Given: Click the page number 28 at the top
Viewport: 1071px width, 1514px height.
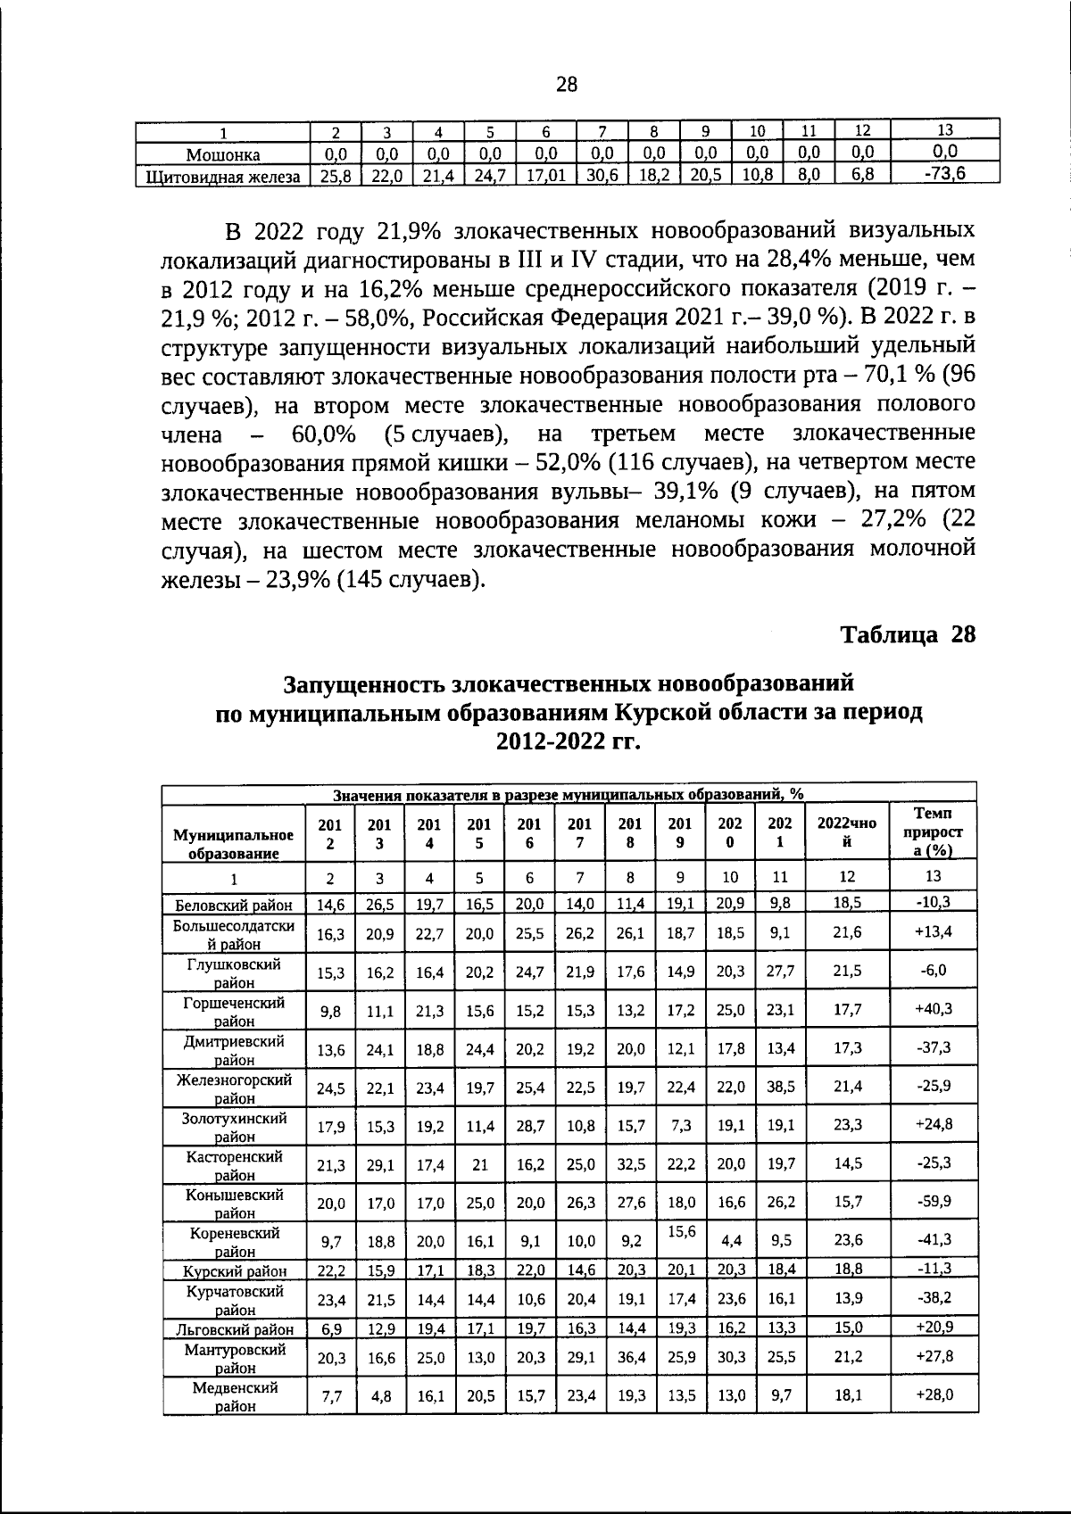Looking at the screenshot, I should tap(567, 85).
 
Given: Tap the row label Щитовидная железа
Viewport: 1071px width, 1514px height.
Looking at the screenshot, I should tap(223, 176).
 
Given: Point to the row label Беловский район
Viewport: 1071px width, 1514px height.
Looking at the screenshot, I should tap(234, 904).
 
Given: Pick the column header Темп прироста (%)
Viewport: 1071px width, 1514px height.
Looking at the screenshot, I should tap(933, 831).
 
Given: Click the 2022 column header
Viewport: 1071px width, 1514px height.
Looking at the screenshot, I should tap(847, 831).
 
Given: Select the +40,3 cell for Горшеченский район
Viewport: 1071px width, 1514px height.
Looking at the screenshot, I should tap(934, 1009).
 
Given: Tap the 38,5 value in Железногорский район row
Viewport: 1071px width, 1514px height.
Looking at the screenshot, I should tap(780, 1086).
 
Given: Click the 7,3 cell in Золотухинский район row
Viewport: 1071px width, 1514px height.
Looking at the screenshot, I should tap(680, 1124).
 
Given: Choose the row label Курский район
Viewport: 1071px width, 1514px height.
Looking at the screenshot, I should tap(235, 1270).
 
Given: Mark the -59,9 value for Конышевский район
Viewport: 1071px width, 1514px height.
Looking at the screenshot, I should tap(934, 1201).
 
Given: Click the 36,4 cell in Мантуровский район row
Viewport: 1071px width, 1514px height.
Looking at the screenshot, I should tap(631, 1356).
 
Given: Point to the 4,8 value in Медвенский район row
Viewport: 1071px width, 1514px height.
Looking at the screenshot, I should tap(380, 1395).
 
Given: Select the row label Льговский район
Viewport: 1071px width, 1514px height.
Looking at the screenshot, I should tap(234, 1329).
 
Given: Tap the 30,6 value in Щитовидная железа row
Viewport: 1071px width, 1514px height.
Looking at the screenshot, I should tap(602, 176).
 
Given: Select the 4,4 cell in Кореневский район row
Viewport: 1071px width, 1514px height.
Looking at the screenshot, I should tap(730, 1239).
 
